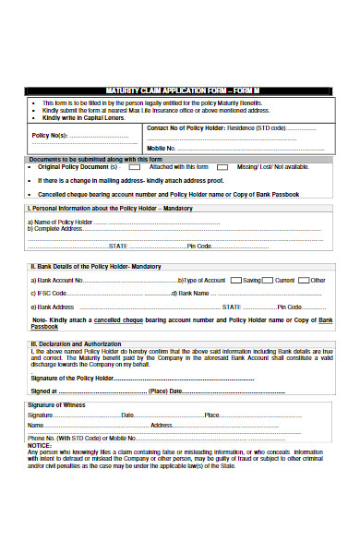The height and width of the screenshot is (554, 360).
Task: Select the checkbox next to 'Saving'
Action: [262, 280]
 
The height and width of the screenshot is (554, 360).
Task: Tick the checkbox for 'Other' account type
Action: [330, 280]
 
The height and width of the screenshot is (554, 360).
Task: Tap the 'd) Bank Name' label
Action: [191, 294]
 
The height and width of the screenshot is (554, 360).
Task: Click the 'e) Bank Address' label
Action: [54, 307]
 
